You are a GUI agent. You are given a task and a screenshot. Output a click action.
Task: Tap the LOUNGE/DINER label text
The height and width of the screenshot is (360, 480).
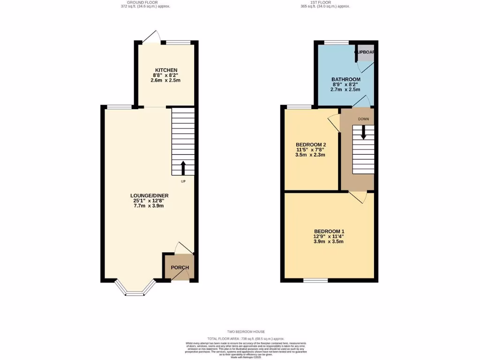(x=150, y=195)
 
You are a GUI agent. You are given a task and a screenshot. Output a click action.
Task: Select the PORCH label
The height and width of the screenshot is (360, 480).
(x=180, y=268)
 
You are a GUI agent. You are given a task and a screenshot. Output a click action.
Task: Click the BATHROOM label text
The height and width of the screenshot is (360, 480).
(x=346, y=79)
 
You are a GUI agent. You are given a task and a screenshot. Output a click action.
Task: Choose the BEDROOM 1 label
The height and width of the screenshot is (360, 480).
(x=329, y=232)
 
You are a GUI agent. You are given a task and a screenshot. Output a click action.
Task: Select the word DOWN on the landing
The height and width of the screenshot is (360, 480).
(x=363, y=119)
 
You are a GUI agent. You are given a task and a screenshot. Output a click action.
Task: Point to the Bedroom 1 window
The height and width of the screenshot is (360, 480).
(x=315, y=280)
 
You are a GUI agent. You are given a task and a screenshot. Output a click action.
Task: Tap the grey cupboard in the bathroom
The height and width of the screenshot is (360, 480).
(x=365, y=53)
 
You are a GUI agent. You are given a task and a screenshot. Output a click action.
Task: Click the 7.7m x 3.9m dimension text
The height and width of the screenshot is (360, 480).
(x=150, y=206)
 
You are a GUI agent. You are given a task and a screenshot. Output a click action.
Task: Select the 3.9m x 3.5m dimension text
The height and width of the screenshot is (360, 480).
(x=329, y=242)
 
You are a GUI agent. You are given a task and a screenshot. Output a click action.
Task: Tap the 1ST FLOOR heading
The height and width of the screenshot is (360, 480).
(x=325, y=2)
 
